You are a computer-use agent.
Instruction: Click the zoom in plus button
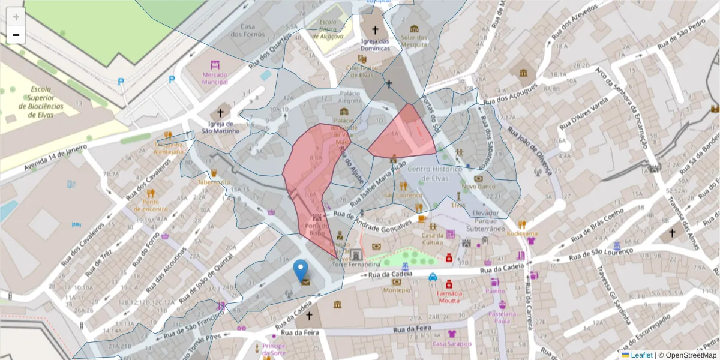[16, 17]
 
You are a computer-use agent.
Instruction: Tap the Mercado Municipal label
[215, 78]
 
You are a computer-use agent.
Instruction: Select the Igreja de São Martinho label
[220, 127]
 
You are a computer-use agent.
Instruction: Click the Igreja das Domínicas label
[376, 44]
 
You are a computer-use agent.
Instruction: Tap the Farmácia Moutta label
[449, 296]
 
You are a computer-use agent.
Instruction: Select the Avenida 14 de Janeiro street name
[56, 158]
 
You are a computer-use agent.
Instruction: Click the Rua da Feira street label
[411, 330]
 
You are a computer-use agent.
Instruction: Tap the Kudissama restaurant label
[522, 233]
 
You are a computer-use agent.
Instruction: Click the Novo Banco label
[478, 187]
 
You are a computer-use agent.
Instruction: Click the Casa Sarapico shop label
[452, 343]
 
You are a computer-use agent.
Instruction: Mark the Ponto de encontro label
[151, 205]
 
